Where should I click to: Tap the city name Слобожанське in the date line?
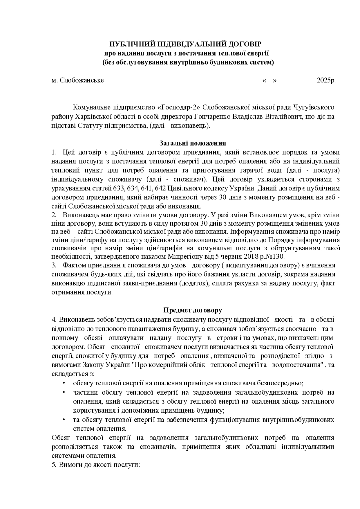(82, 80)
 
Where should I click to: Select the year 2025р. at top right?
(326, 80)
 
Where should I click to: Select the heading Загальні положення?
(193, 143)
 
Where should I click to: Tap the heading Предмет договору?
(193, 310)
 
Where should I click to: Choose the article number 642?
(160, 188)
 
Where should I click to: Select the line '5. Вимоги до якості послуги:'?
(96, 464)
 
